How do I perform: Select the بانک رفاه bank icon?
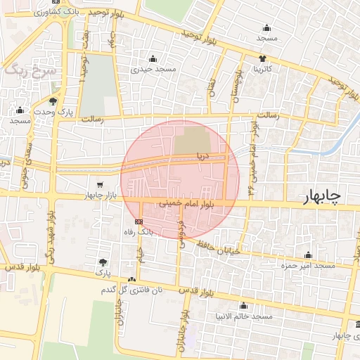click(138, 220)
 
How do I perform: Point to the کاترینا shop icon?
click(262, 58)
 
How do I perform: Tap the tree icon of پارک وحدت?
click(53, 101)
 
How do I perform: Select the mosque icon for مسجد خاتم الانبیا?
click(243, 306)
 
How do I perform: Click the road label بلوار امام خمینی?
click(184, 203)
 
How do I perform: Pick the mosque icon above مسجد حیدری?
click(154, 59)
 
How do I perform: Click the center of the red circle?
click(180, 180)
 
